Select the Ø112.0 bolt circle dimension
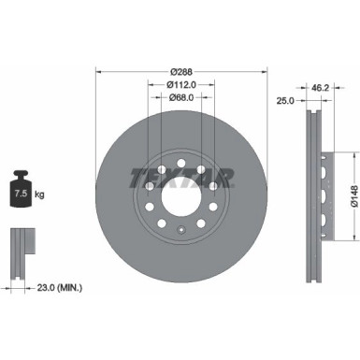point(181,85)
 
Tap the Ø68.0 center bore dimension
point(181,98)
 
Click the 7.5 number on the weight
point(19,194)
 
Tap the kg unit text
point(40,194)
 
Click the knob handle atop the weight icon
point(20,175)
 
